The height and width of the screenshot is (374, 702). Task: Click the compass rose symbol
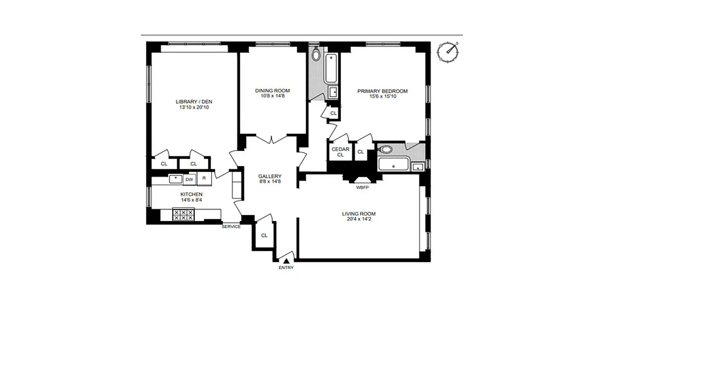click(448, 52)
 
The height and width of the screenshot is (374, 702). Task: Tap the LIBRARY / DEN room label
click(190, 101)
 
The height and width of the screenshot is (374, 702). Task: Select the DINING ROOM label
click(272, 91)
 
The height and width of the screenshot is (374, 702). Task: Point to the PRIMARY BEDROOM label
click(382, 91)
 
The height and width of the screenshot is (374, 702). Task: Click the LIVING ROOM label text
click(358, 214)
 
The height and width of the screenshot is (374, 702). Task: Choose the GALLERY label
click(270, 176)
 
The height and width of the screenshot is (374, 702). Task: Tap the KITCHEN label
click(191, 194)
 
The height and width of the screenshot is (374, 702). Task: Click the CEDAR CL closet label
click(340, 152)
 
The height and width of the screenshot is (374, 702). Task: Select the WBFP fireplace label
click(363, 187)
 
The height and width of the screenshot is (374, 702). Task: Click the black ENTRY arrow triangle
click(286, 261)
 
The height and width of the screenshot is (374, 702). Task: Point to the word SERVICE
click(231, 227)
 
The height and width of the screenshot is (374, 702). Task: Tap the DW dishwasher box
click(189, 179)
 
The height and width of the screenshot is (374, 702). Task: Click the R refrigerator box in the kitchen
click(204, 179)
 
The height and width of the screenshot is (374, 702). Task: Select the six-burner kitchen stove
click(183, 215)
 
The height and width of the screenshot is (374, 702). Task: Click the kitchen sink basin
click(175, 179)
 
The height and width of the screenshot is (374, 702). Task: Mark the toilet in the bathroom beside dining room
click(316, 55)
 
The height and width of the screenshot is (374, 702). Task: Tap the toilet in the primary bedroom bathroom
click(386, 150)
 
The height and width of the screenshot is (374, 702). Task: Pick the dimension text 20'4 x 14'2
click(358, 219)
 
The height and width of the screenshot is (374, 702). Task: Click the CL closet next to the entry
click(264, 235)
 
